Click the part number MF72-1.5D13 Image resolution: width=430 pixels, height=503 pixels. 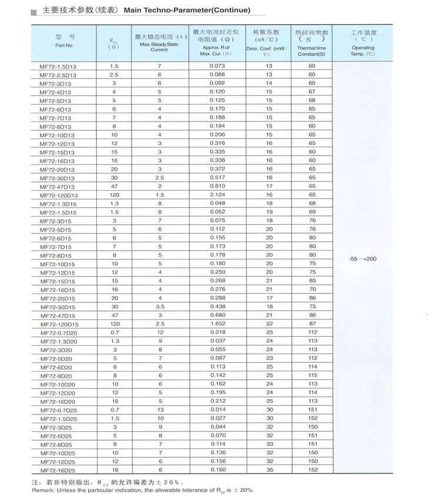(x=58, y=66)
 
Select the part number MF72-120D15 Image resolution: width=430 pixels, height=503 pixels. (x=59, y=324)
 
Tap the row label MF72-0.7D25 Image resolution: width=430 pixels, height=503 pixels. (x=58, y=410)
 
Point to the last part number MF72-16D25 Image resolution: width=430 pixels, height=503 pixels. (x=58, y=470)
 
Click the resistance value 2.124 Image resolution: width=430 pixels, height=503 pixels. (x=217, y=195)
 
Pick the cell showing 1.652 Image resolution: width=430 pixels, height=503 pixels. (x=217, y=324)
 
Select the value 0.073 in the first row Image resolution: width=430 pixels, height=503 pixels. (x=217, y=66)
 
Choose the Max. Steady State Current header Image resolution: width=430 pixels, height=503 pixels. (x=159, y=43)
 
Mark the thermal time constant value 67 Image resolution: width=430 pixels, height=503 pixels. (x=312, y=92)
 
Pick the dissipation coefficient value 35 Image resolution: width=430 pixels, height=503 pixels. (x=270, y=470)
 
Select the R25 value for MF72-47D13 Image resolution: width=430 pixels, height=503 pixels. (x=114, y=186)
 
